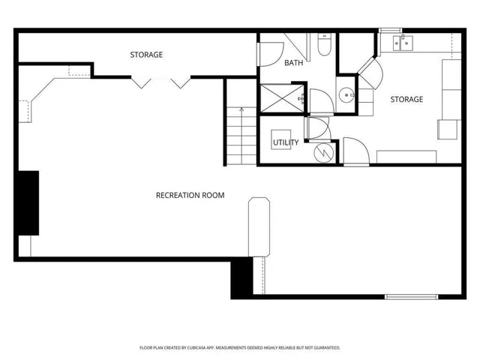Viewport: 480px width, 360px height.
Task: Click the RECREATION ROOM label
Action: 190,196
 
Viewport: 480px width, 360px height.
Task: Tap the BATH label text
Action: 293,63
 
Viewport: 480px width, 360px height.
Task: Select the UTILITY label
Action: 285,142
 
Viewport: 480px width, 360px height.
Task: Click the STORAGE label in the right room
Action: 406,99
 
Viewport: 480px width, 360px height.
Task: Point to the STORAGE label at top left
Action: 146,55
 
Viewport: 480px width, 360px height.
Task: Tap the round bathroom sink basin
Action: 346,95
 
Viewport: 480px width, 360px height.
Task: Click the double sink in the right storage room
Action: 400,42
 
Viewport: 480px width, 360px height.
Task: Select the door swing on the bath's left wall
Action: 271,52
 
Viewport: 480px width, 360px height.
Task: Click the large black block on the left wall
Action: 28,202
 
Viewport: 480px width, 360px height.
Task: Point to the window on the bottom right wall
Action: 411,295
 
